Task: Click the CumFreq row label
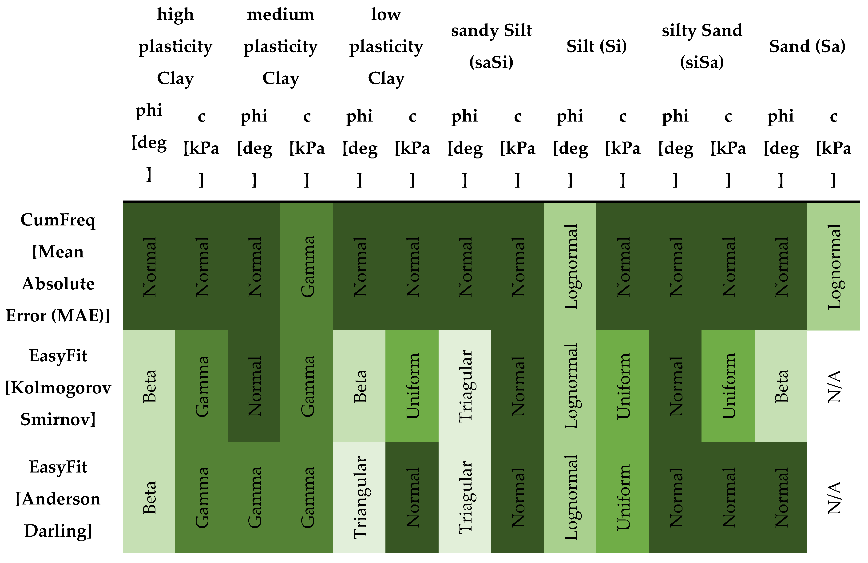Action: click(x=58, y=267)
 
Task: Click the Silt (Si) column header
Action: click(x=596, y=46)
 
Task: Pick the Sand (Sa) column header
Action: click(x=807, y=46)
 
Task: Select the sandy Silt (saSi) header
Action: click(x=491, y=46)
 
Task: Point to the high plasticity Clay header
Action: click(x=175, y=46)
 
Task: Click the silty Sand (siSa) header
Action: click(x=702, y=46)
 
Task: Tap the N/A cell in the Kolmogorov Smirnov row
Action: click(x=834, y=386)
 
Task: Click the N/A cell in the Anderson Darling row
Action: click(x=834, y=498)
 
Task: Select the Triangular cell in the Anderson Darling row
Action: click(x=360, y=498)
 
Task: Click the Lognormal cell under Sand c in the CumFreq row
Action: click(x=834, y=267)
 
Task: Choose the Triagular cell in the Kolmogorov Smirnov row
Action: click(x=465, y=386)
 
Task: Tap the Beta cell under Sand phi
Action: click(x=781, y=386)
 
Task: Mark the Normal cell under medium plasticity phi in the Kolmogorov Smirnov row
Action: click(x=254, y=386)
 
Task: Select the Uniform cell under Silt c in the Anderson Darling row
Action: click(x=623, y=498)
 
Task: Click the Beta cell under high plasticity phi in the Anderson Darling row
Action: click(x=149, y=498)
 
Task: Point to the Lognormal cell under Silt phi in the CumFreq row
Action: click(x=570, y=267)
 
